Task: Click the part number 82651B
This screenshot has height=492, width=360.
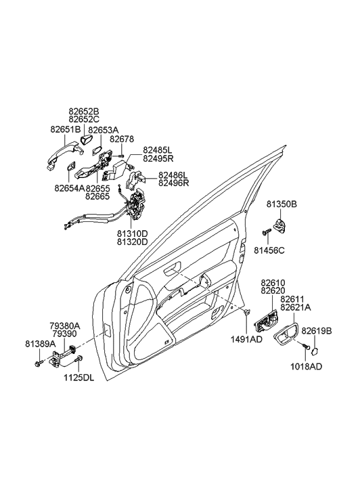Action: tap(65, 129)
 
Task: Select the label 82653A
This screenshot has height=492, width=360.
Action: tap(102, 129)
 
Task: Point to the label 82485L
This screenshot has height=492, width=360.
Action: tap(158, 149)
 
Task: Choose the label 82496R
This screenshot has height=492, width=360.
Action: tap(173, 183)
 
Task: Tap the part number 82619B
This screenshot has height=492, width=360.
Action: tap(317, 331)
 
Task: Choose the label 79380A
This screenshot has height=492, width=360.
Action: tap(66, 326)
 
